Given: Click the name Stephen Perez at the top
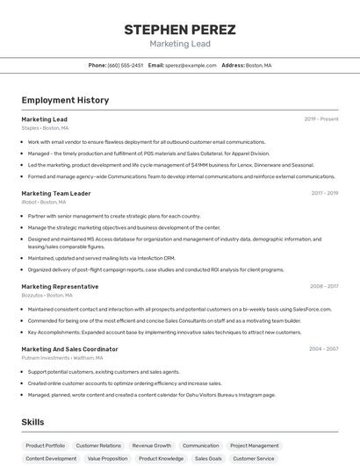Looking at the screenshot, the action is pos(179,30).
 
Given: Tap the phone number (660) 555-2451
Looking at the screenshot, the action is pos(126,65).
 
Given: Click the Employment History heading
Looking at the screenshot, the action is pos(65,100).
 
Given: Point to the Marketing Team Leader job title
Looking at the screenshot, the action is pos(56,193).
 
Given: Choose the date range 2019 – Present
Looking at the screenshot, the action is pos(321,119).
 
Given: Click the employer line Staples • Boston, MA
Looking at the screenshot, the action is pos(45,128).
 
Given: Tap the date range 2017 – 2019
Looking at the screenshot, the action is pos(325,193).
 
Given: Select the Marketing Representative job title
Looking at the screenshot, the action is pos(60,286).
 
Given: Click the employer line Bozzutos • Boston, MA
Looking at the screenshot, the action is pos(47,296).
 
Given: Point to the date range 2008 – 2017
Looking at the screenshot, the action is pos(324,286).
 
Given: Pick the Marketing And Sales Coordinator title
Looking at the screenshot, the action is pos(69,348).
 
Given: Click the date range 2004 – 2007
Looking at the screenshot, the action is pos(323,348).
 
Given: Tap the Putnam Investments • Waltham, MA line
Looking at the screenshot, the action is pos(56,358).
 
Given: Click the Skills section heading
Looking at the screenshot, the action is pos(32,422).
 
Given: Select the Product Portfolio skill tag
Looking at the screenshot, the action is pos(46,446).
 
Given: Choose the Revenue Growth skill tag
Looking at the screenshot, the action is pos(152,446).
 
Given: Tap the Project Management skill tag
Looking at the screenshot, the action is pos(255,446).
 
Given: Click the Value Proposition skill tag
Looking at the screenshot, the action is pos(107,458).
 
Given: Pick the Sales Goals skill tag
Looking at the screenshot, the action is pos(208,458).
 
